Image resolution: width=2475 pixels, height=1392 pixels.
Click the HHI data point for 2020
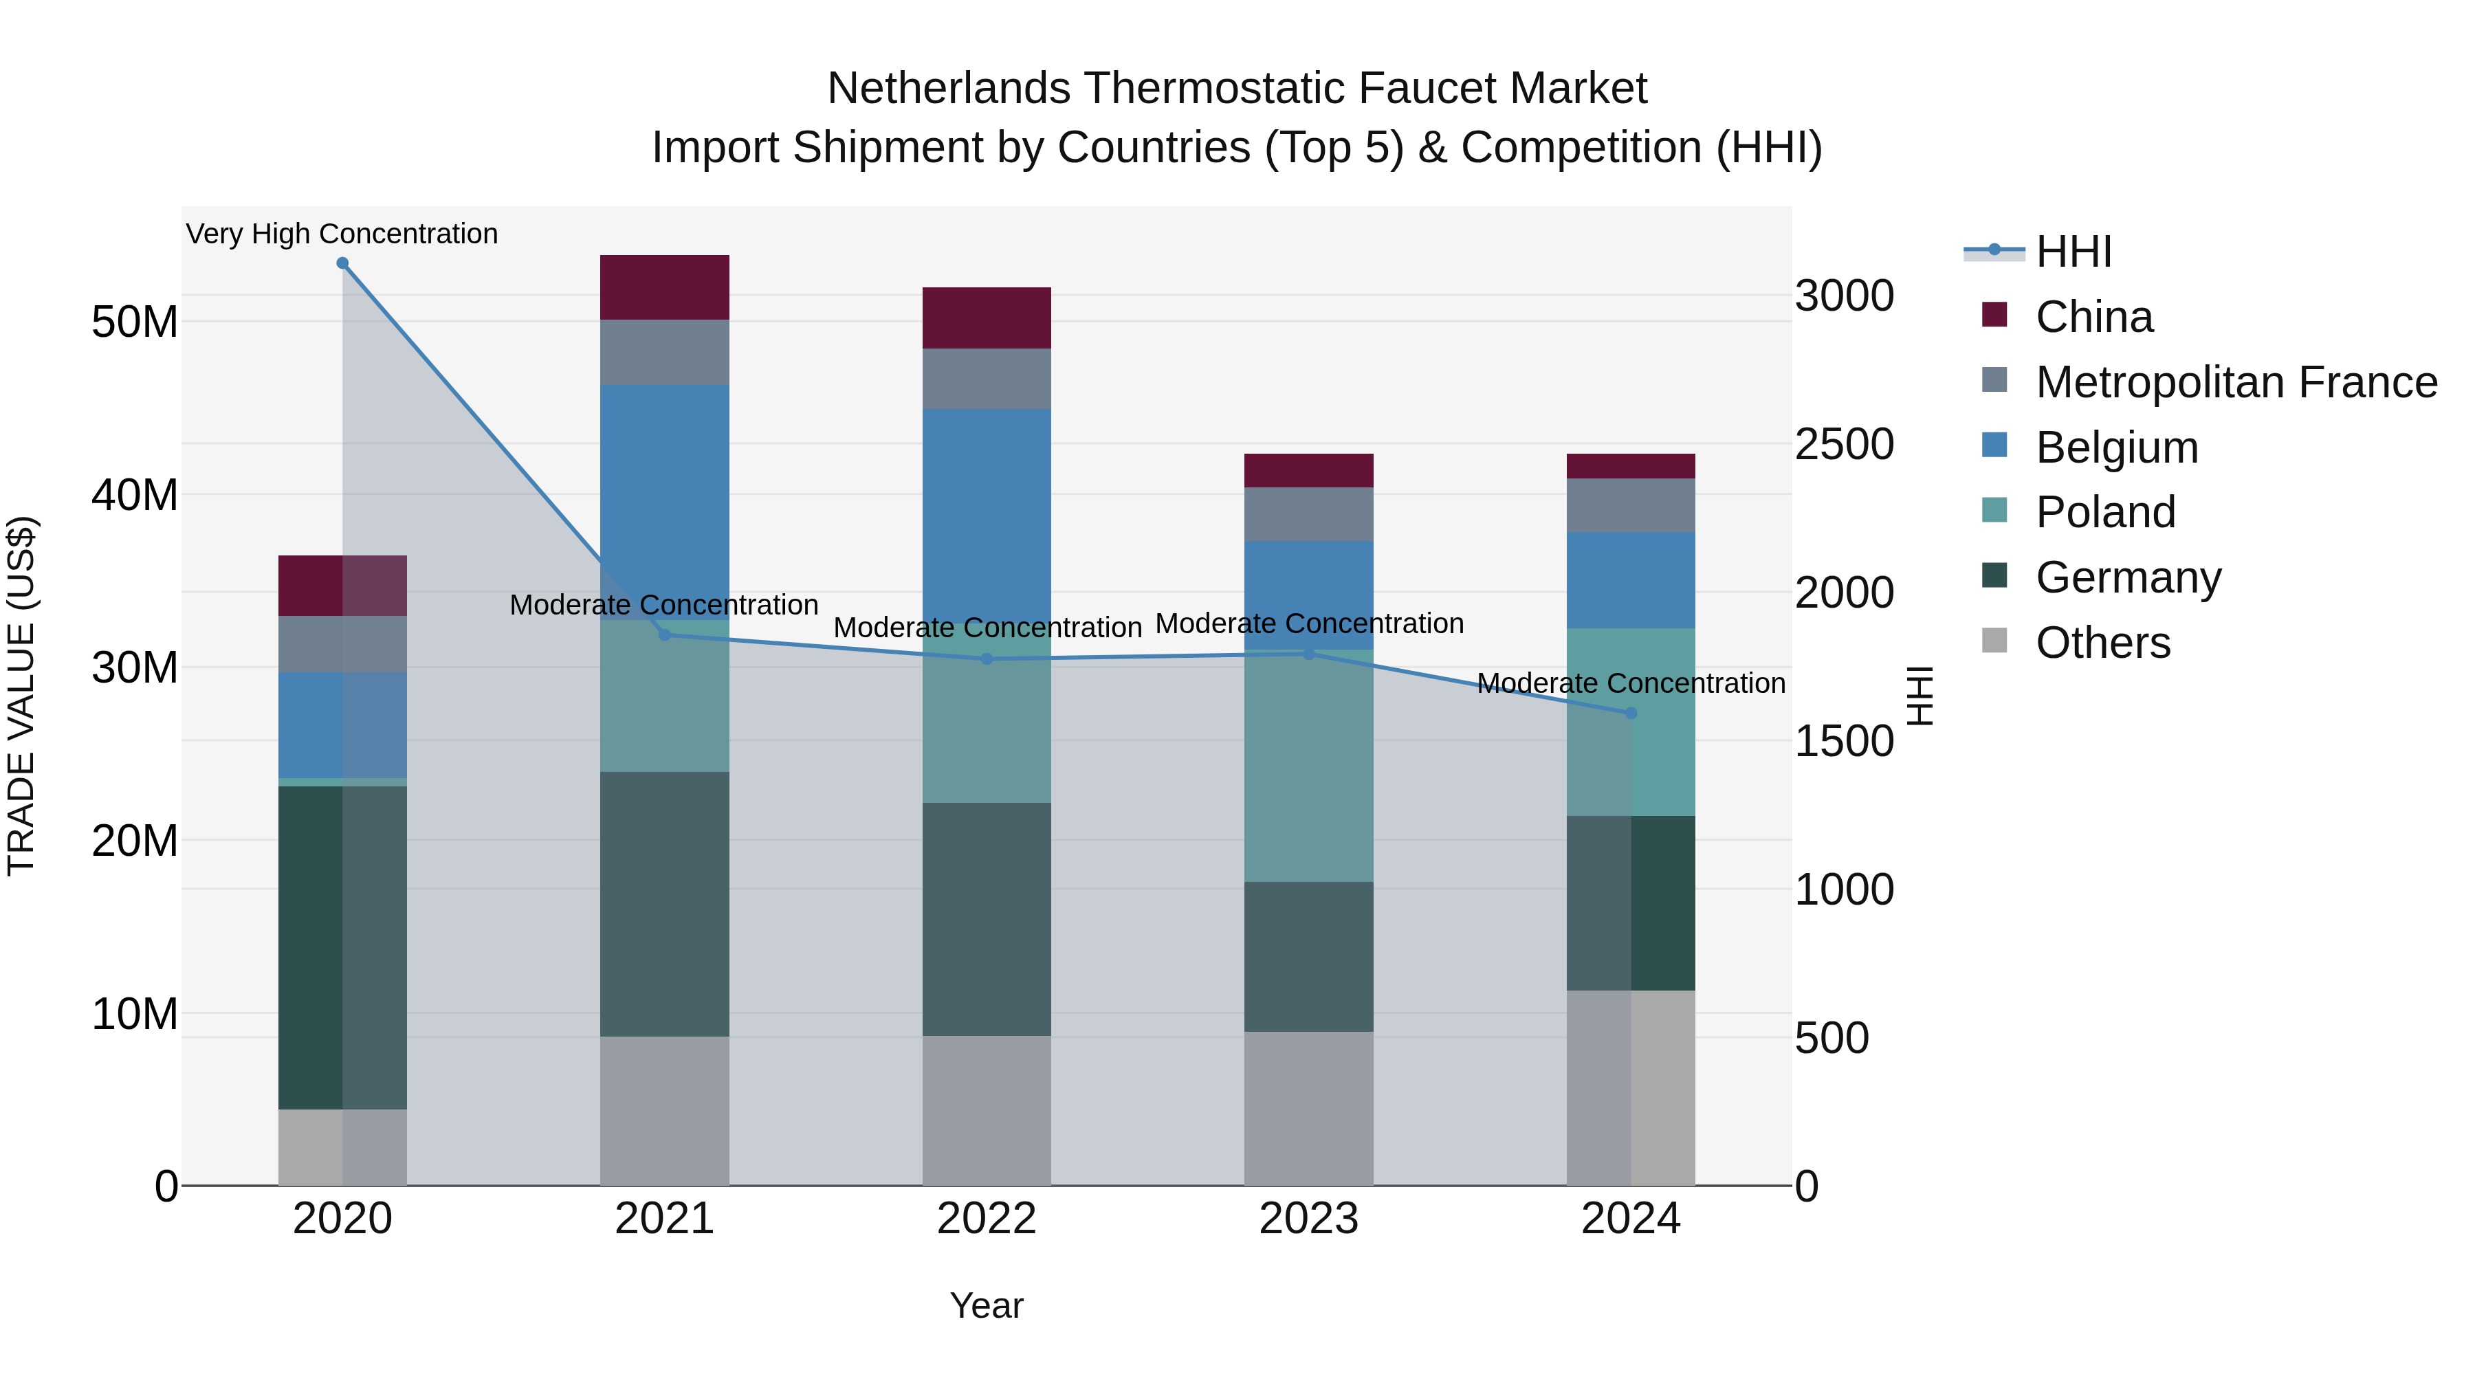point(342,263)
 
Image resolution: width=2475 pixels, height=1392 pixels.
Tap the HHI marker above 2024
point(1631,714)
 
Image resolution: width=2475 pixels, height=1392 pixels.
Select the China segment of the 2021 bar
point(664,287)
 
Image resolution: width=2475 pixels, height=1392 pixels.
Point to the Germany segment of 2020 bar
point(342,947)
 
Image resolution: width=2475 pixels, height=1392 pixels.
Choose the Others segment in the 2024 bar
point(1631,1087)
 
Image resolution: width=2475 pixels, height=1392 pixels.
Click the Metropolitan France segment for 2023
point(1308,514)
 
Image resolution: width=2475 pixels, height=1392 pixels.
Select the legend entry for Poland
point(2104,512)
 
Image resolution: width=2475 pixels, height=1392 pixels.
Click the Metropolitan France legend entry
point(2236,382)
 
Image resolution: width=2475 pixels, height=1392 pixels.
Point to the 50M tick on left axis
point(135,322)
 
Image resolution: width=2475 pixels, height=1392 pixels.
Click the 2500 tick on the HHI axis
point(1844,445)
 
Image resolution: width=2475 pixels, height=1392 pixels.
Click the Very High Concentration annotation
point(342,234)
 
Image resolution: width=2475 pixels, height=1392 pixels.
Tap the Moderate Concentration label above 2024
point(1631,684)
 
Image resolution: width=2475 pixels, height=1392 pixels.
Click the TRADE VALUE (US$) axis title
point(22,696)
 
